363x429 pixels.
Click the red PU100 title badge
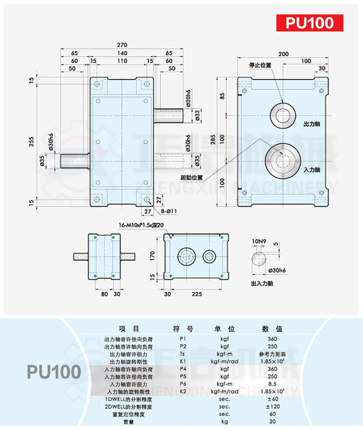coord(309,22)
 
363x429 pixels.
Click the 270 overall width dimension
coord(122,45)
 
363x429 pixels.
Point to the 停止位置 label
coord(260,65)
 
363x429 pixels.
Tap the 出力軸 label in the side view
coord(312,124)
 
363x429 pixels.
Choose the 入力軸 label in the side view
coord(312,170)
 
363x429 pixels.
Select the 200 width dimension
coord(283,54)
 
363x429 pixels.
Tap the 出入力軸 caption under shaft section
coord(263,283)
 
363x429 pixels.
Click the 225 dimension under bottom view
coord(196,294)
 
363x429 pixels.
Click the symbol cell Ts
coord(183,353)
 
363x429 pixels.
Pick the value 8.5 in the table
coord(272,384)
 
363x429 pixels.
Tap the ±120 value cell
coord(272,407)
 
